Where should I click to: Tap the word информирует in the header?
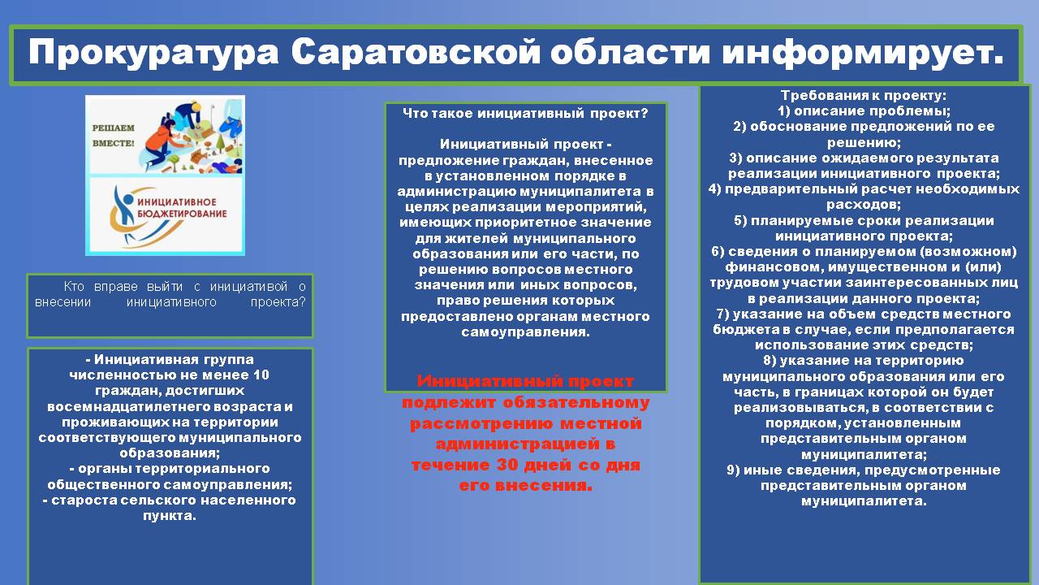tap(862, 53)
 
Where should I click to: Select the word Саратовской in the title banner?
tap(416, 53)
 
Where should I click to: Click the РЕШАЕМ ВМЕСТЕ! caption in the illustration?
tap(113, 135)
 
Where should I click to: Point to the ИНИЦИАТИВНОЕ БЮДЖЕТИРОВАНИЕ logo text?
tap(182, 207)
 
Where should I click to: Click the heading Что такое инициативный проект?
tap(525, 113)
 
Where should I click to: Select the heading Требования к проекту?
tap(864, 95)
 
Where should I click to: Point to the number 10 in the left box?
tap(261, 375)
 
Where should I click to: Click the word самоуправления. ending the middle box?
tap(525, 332)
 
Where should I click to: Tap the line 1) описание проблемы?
tap(864, 111)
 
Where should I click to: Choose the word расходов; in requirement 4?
tap(864, 204)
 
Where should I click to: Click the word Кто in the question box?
tap(74, 287)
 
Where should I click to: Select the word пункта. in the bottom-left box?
tap(170, 516)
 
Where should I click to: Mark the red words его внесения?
tap(525, 485)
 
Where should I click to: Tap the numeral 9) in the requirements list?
tap(733, 470)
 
